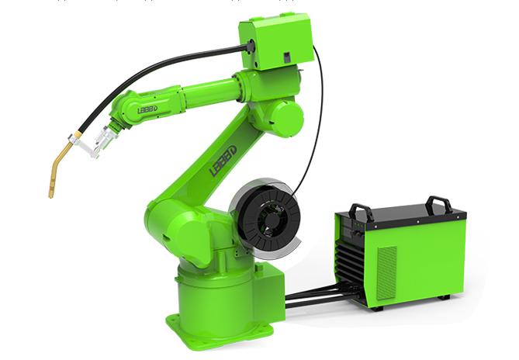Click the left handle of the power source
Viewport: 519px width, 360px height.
click(360, 210)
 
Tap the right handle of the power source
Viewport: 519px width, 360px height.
click(439, 203)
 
